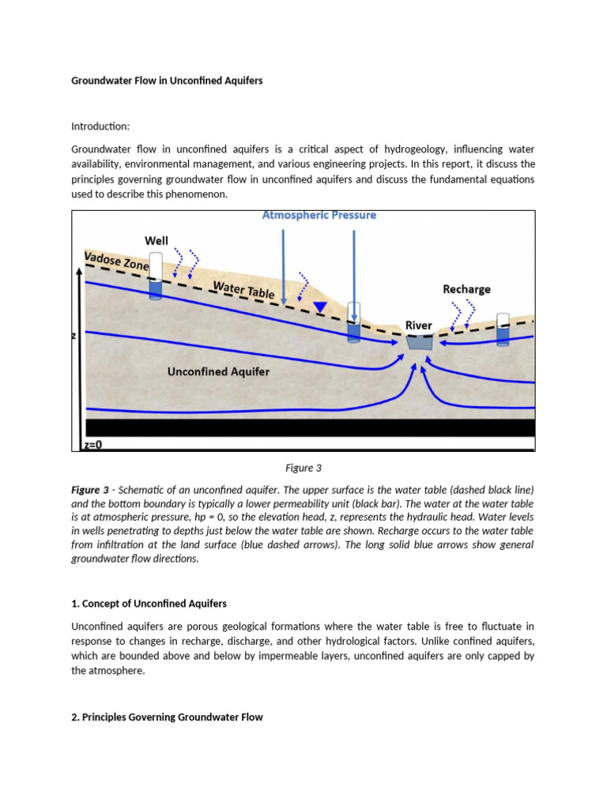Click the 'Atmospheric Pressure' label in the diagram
[319, 215]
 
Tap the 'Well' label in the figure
[156, 240]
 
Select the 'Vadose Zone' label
[116, 262]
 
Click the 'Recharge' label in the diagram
[466, 289]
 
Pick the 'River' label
[418, 325]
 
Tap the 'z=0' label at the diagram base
[93, 445]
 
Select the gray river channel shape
[418, 342]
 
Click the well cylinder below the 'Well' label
[156, 277]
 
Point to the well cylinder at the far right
[503, 329]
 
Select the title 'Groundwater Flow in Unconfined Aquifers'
[167, 81]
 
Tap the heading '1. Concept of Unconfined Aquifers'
[149, 604]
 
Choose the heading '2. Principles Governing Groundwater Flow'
[167, 717]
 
